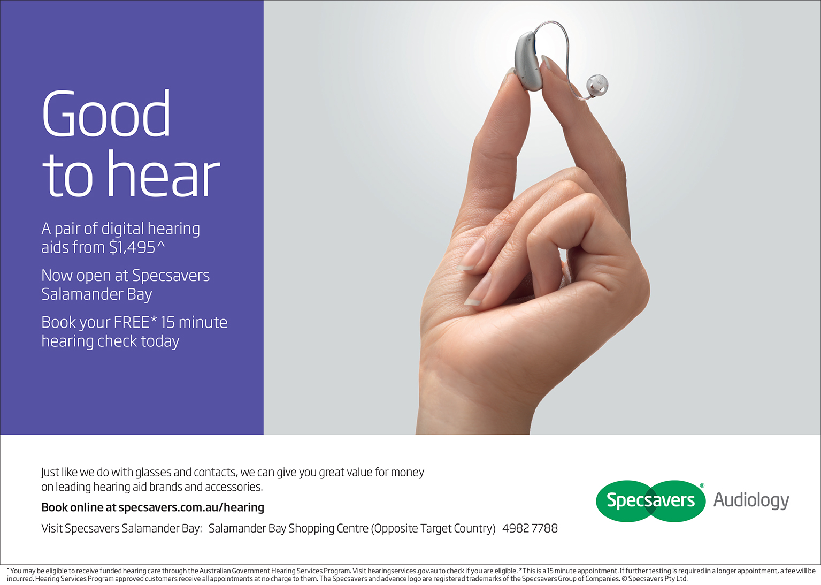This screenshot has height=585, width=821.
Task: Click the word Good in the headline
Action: click(x=106, y=113)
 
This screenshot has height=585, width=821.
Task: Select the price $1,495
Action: click(x=132, y=247)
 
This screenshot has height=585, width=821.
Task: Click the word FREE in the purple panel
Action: click(x=132, y=322)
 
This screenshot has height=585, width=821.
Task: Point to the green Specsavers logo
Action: click(x=650, y=501)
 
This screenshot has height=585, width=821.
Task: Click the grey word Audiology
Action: click(x=751, y=500)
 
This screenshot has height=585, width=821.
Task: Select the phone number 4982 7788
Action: click(x=530, y=528)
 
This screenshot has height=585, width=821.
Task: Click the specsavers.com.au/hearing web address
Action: click(x=191, y=507)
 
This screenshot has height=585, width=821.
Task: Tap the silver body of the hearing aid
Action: click(x=528, y=61)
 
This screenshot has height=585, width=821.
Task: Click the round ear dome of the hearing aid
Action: click(x=597, y=86)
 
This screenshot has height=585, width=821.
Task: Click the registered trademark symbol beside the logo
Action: click(x=702, y=485)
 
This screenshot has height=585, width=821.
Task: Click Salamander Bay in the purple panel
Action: click(x=97, y=294)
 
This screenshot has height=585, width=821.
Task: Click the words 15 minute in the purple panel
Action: click(x=194, y=322)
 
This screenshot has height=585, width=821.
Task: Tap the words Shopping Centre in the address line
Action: click(x=328, y=528)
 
